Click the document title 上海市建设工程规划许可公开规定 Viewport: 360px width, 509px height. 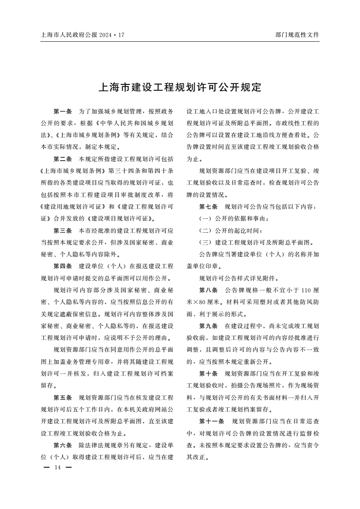tap(180, 87)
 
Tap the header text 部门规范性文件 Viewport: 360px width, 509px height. tap(297, 34)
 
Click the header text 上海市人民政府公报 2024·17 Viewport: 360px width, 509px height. tap(82, 34)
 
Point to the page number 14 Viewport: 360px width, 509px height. tap(57, 467)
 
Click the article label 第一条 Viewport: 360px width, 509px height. tap(63, 111)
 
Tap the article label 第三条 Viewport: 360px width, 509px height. tap(63, 230)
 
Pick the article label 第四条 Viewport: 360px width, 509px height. tap(63, 266)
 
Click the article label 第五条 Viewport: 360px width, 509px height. tap(63, 397)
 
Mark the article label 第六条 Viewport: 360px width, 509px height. tap(63, 445)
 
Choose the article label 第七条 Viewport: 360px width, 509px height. tap(209, 207)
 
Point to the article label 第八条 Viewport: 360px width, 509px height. tap(209, 290)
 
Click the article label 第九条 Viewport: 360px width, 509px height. tap(209, 326)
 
